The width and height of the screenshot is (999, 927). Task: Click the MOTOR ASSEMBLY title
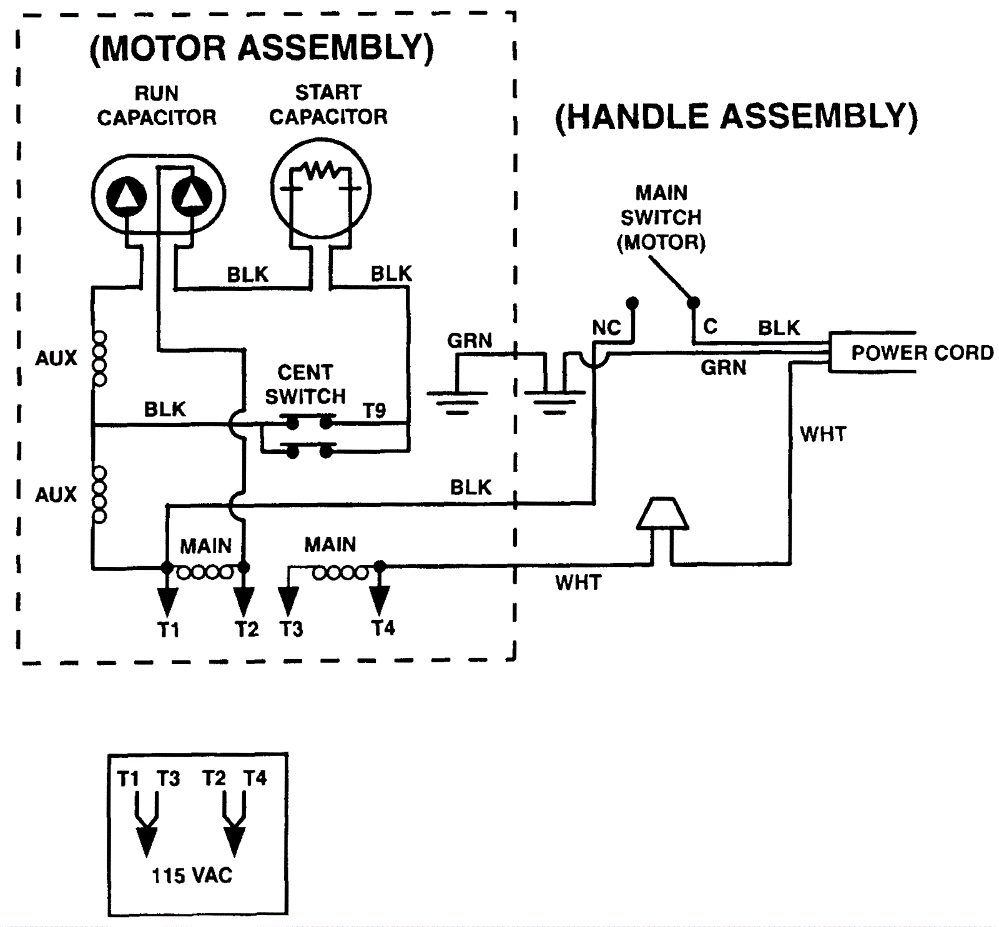262,48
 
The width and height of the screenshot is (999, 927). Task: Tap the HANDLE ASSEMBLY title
736,117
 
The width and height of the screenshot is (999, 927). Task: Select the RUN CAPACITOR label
157,105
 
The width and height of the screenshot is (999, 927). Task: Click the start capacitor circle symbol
320,189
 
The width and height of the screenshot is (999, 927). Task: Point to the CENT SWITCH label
305,384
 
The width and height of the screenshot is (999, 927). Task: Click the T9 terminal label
375,410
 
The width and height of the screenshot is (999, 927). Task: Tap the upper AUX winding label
56,358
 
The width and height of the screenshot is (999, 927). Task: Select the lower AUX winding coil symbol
99,494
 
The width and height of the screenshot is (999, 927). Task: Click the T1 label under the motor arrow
168,629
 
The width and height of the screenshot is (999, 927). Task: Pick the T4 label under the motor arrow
383,627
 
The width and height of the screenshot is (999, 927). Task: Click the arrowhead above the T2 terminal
244,601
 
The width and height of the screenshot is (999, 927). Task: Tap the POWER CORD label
922,353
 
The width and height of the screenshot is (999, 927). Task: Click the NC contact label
606,328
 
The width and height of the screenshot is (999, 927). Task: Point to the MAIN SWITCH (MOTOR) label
661,217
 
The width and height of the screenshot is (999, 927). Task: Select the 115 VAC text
192,875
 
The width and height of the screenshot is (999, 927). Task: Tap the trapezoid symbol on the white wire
662,514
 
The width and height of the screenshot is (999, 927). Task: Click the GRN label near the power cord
723,367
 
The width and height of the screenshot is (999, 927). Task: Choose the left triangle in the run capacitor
127,195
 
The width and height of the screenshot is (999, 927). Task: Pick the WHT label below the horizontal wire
578,582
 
